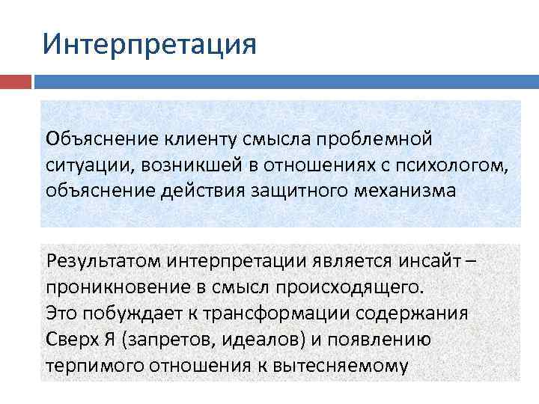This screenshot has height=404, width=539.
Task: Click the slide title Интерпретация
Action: pyautogui.click(x=150, y=43)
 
